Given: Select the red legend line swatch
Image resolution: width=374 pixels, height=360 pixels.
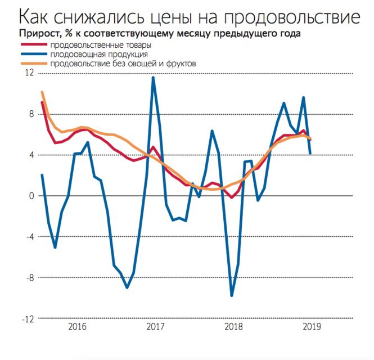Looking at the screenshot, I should [33, 44].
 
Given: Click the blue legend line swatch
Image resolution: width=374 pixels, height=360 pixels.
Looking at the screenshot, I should [33, 55].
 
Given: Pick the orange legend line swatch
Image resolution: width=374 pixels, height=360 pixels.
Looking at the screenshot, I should [33, 64].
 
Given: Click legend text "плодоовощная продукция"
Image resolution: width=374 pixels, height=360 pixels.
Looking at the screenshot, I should [99, 55].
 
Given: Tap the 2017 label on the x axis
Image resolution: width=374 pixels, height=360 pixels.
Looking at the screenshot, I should [155, 327].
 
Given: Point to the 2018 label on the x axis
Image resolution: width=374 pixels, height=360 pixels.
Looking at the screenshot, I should [233, 327].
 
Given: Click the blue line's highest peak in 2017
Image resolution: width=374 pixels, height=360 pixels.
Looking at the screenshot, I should [153, 78].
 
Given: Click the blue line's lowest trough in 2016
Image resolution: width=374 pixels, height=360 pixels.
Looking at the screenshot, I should [127, 287].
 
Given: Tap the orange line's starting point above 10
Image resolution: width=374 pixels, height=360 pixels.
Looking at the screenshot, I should [42, 92].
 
